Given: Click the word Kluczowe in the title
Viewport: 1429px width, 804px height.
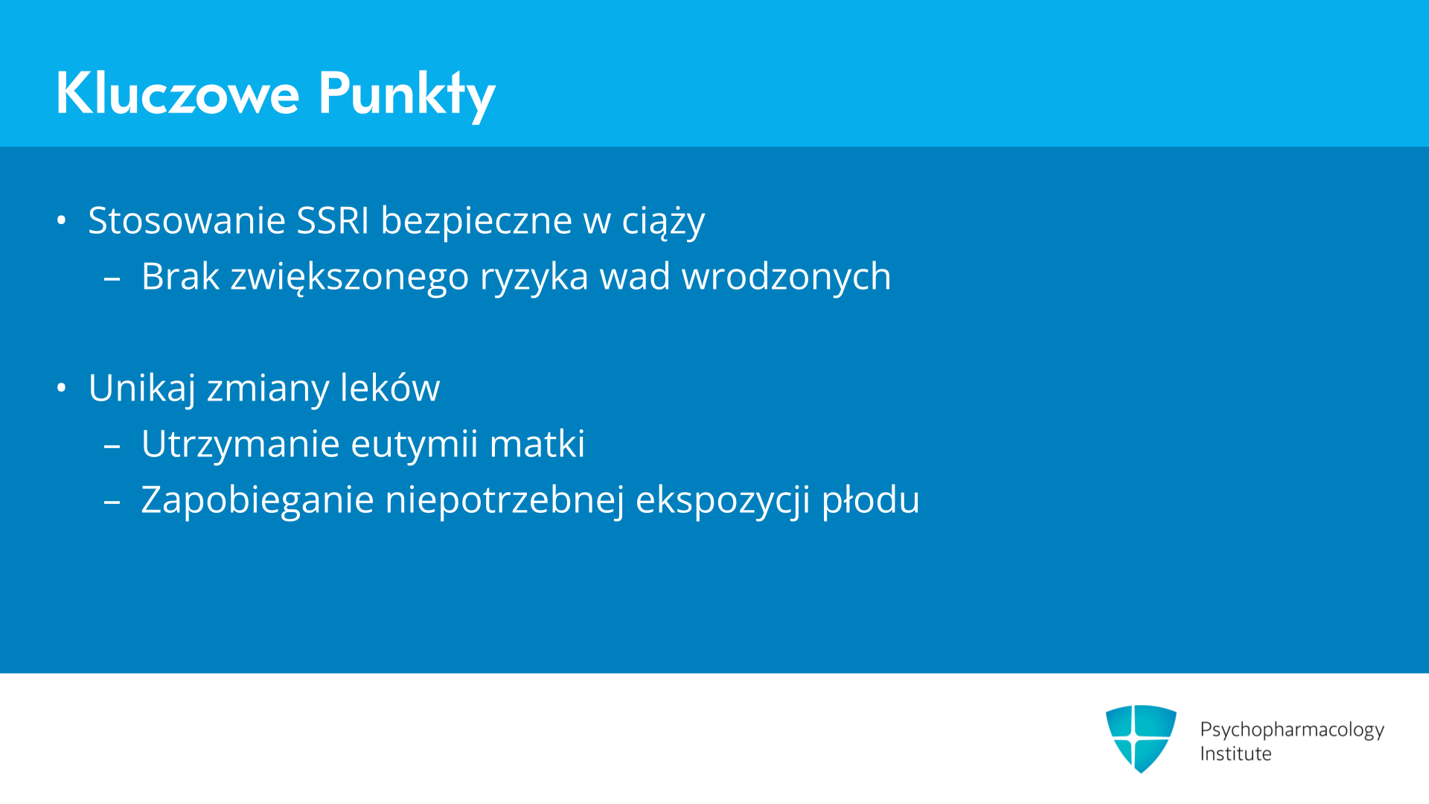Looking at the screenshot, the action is pyautogui.click(x=178, y=93).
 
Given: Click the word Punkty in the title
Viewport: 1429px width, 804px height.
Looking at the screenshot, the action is pyautogui.click(x=406, y=95).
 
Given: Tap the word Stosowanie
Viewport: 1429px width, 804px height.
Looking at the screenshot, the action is pyautogui.click(x=187, y=220).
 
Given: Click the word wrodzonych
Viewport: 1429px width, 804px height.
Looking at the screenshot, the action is pyautogui.click(x=787, y=276).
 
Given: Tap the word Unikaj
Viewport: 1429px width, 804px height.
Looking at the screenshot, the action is pyautogui.click(x=142, y=388).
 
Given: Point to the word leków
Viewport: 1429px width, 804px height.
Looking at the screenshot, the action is pyautogui.click(x=390, y=387).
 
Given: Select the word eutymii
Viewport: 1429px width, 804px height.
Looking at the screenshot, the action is pyautogui.click(x=414, y=444).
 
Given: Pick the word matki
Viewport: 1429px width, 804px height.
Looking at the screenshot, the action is pyautogui.click(x=537, y=444).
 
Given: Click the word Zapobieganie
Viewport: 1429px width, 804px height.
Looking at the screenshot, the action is pyautogui.click(x=258, y=500).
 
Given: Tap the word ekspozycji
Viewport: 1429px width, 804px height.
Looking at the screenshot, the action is pyautogui.click(x=723, y=500).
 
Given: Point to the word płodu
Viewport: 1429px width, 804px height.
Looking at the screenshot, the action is pyautogui.click(x=871, y=500).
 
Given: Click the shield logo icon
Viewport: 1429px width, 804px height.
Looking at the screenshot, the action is pyautogui.click(x=1141, y=738).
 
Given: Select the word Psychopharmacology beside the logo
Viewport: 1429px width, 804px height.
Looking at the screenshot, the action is pyautogui.click(x=1292, y=730).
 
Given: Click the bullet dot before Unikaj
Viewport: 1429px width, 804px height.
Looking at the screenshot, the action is pyautogui.click(x=62, y=388).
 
